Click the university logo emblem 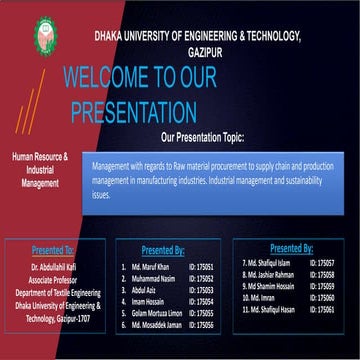(x=45, y=35)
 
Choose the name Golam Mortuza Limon (x=159, y=313)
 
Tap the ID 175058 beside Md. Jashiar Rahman (x=323, y=274)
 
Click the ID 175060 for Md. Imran (x=323, y=298)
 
